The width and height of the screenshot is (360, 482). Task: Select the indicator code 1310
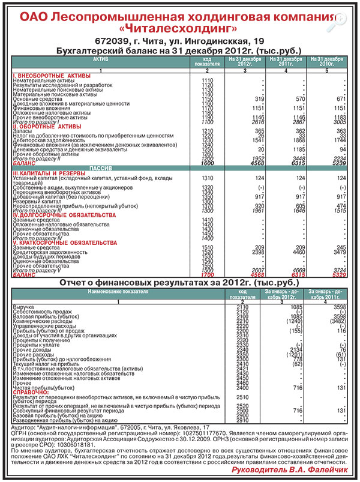click(208, 178)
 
